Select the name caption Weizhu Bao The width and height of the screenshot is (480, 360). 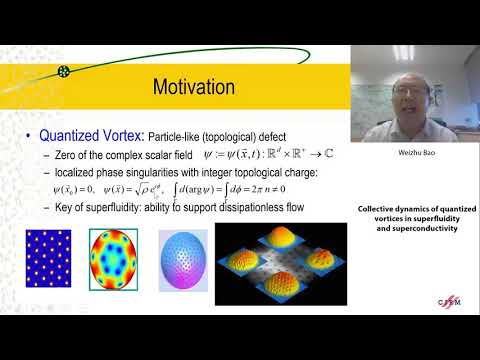tap(413, 155)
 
